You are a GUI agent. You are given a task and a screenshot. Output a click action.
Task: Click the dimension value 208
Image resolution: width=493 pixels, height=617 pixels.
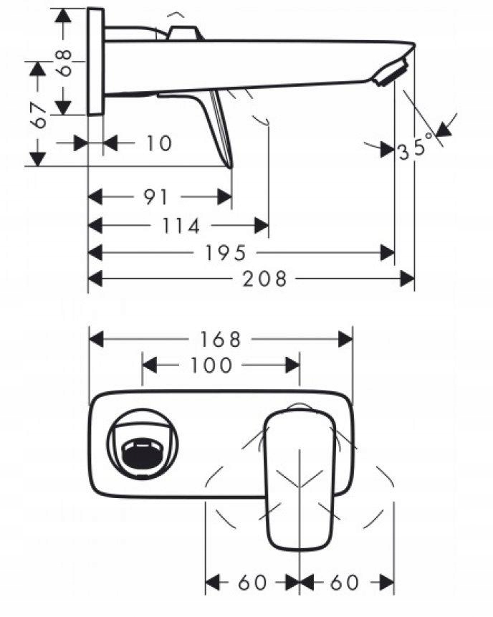[x=264, y=278]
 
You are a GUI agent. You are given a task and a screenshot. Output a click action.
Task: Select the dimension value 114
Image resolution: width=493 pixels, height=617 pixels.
[x=181, y=226]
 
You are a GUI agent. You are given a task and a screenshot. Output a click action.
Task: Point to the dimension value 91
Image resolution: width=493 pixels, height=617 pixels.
[x=155, y=196]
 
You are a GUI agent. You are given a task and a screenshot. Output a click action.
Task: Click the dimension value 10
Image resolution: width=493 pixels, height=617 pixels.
[x=159, y=143]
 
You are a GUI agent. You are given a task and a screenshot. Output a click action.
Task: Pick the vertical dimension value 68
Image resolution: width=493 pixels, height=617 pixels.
[x=64, y=62]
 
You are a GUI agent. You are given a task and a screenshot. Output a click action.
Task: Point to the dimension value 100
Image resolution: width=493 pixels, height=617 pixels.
[x=212, y=365]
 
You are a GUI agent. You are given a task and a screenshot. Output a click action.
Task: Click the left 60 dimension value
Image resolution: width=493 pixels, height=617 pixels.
[x=252, y=582]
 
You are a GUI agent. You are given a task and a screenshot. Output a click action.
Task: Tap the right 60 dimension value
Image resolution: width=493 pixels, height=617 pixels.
[x=345, y=582]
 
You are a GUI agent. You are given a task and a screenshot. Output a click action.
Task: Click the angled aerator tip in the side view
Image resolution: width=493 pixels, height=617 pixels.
[x=393, y=72]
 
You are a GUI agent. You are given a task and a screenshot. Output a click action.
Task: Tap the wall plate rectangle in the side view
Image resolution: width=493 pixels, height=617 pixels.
[x=95, y=61]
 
